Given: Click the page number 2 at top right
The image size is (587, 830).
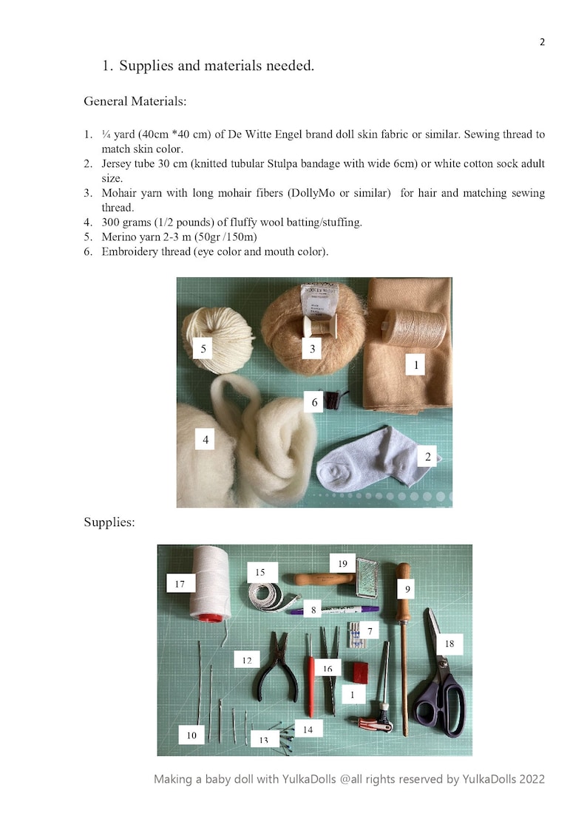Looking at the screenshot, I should tap(542, 42).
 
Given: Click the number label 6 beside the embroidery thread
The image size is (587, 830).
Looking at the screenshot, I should tap(315, 402).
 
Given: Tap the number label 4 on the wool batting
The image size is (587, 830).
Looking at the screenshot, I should tap(206, 440).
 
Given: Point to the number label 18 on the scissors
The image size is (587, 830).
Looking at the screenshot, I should tap(449, 644).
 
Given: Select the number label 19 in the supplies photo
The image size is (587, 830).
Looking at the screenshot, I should tap(342, 564).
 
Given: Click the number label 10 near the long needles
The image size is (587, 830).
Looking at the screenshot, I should tap(191, 735).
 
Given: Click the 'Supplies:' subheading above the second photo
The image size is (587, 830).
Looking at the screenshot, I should tap(109, 523).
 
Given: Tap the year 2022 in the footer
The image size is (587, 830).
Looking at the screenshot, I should tap(532, 779).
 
